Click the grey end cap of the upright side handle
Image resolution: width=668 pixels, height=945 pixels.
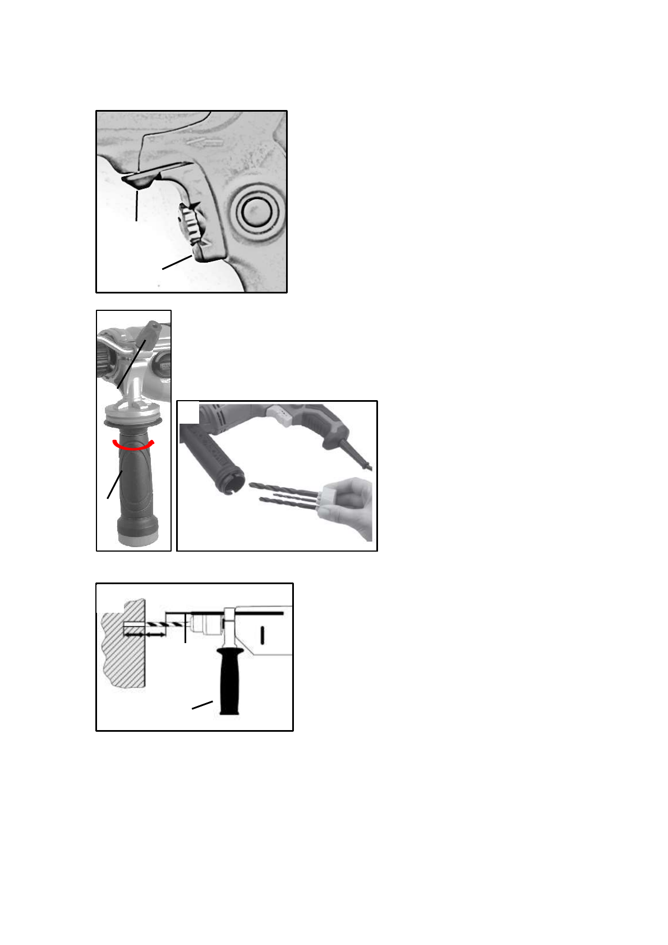pos(137,538)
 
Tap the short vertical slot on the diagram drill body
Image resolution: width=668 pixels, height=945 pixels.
pos(262,635)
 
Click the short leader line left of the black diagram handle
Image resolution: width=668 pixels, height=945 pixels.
pos(202,705)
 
